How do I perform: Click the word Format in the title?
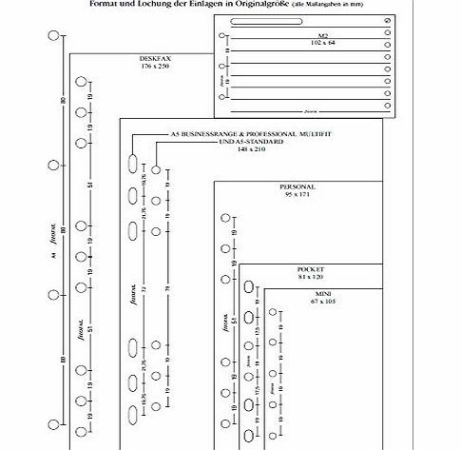coord(117,5)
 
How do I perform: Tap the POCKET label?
coord(311,269)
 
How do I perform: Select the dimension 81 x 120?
coord(311,277)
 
